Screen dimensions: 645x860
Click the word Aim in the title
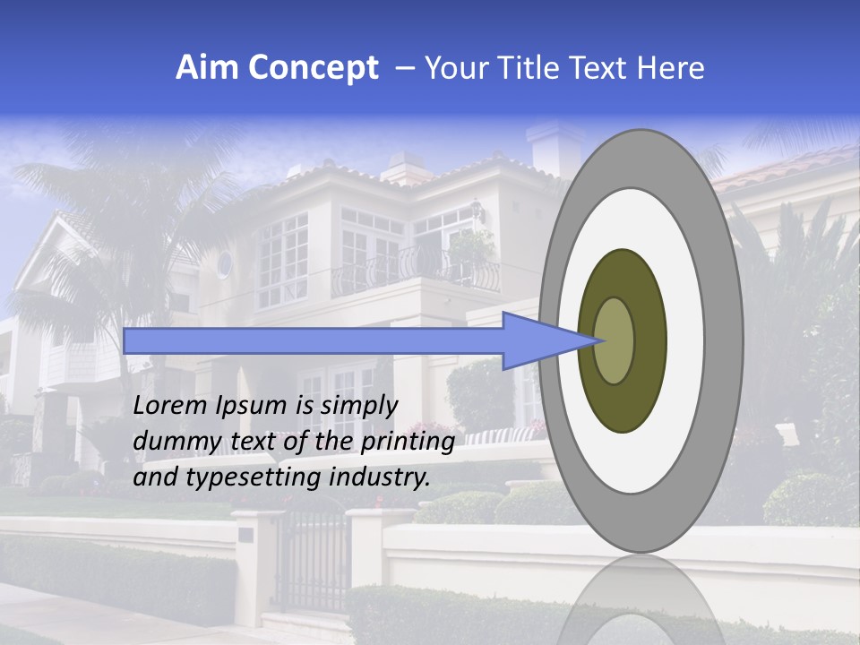coord(208,68)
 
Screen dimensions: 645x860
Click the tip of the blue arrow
coord(602,340)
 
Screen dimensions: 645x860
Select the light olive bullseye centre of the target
coord(615,340)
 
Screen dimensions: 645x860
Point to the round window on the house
coord(224,263)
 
